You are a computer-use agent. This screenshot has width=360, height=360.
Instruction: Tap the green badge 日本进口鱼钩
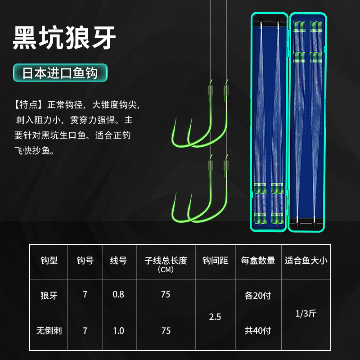(60, 73)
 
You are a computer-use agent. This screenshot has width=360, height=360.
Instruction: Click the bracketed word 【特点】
(28, 105)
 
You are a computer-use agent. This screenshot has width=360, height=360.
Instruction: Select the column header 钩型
(49, 261)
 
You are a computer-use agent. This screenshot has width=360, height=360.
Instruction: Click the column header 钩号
(85, 261)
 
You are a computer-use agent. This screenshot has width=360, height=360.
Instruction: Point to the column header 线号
(118, 261)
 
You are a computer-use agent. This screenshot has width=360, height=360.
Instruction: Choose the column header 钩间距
(215, 261)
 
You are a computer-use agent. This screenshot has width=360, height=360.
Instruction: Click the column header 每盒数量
(258, 261)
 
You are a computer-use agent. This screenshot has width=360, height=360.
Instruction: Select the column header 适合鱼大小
(306, 261)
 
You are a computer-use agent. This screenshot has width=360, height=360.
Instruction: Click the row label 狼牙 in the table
(49, 295)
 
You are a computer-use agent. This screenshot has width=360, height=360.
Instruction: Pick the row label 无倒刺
(49, 331)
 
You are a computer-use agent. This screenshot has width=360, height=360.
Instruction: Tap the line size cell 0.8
(118, 295)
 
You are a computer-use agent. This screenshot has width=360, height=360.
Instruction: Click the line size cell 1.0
(118, 331)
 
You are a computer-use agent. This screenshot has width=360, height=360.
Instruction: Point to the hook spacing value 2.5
(215, 316)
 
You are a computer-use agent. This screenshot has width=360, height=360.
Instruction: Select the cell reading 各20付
(258, 296)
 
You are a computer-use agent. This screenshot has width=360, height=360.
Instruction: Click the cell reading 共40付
(258, 331)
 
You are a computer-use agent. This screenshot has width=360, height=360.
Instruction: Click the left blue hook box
(269, 122)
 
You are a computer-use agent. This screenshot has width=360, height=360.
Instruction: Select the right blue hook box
(308, 122)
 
